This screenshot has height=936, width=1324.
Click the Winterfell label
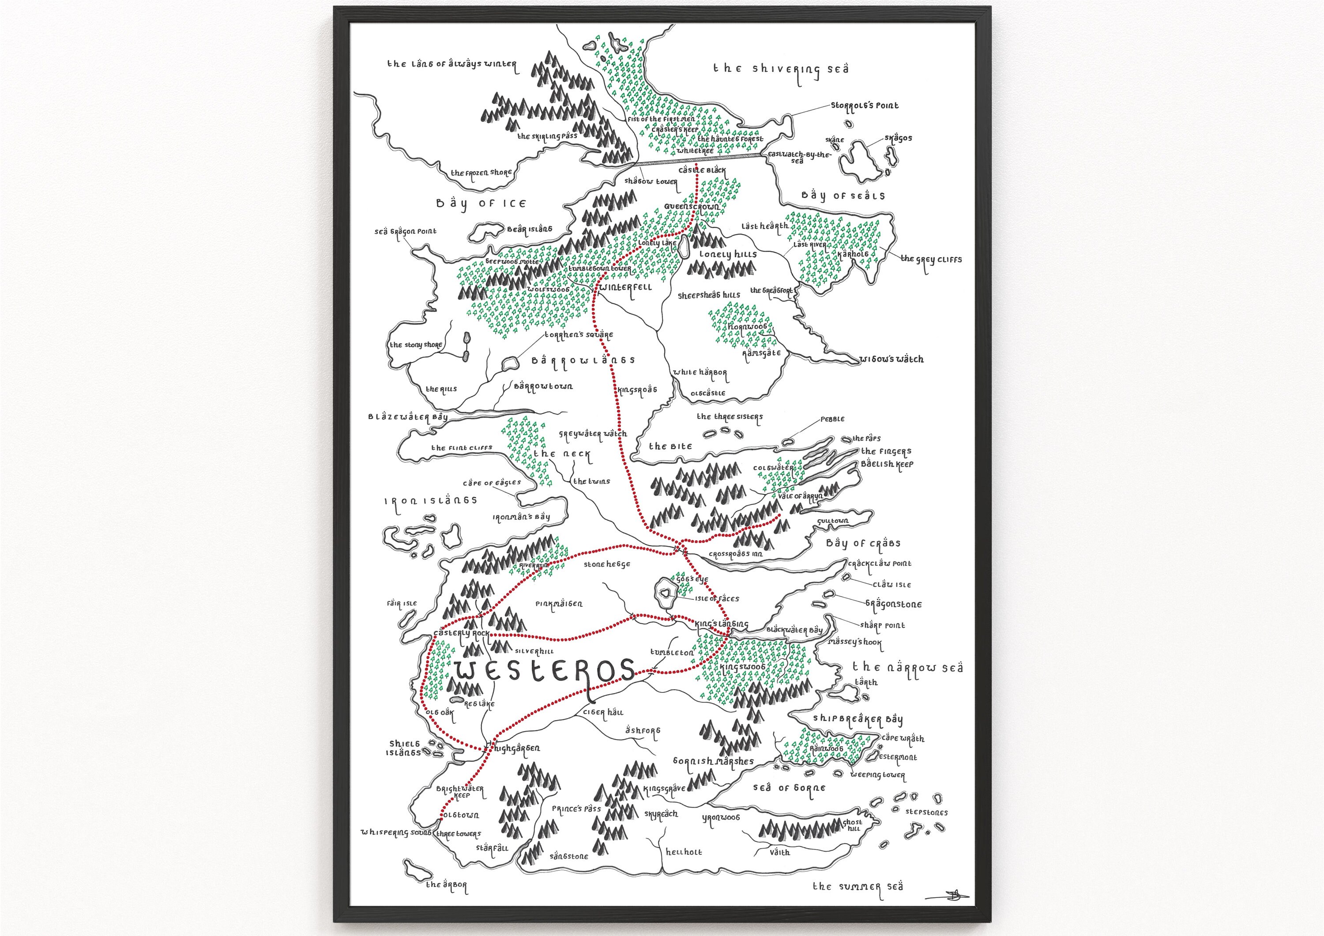click(626, 287)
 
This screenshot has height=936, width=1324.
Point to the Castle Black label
click(702, 171)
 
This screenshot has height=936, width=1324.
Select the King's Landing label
click(722, 624)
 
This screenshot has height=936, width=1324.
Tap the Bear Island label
click(529, 229)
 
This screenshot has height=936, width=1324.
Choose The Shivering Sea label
click(781, 69)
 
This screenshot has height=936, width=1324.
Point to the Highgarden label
click(517, 748)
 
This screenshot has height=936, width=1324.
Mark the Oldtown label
click(460, 816)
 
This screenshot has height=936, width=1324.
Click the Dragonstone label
click(893, 605)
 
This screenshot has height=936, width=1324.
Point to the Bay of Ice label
click(481, 203)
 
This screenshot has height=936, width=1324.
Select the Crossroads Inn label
click(735, 554)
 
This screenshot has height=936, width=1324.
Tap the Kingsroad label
click(637, 391)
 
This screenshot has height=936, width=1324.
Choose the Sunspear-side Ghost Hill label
click(853, 825)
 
